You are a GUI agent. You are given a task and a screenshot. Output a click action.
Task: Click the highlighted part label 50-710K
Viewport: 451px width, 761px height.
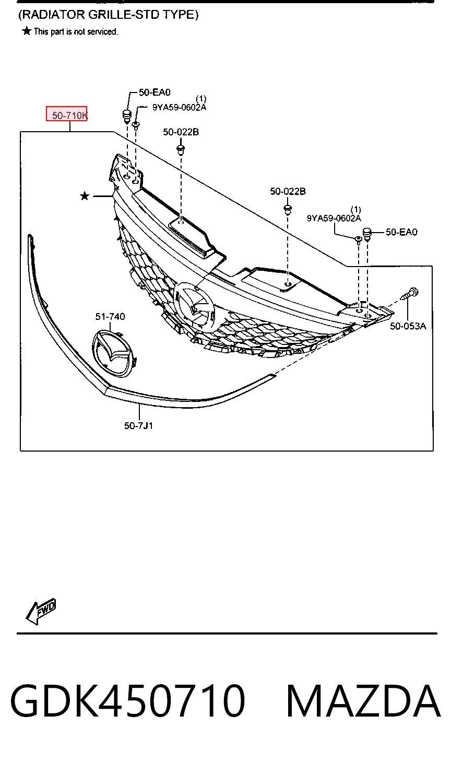(x=69, y=116)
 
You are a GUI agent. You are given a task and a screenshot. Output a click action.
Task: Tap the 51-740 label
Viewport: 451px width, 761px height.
(x=110, y=317)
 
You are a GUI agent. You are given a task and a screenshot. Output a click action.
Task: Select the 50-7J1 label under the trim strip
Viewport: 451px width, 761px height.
(x=138, y=425)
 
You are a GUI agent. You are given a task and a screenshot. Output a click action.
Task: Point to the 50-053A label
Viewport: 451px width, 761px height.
(x=408, y=326)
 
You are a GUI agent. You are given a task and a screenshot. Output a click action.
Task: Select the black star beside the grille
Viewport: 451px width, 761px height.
(x=85, y=196)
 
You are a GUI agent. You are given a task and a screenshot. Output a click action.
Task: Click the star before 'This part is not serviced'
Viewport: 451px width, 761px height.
(x=27, y=31)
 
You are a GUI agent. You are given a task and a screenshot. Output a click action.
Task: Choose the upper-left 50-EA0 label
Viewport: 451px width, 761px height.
(x=155, y=93)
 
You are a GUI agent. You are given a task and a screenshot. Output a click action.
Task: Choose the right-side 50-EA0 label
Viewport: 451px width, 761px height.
(x=401, y=232)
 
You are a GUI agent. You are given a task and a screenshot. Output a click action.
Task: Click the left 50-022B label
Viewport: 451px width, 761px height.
(x=181, y=132)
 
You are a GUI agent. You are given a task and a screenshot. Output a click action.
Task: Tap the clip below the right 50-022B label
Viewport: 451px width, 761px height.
(x=288, y=210)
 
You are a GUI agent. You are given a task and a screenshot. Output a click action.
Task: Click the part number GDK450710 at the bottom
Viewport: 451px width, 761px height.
(x=127, y=701)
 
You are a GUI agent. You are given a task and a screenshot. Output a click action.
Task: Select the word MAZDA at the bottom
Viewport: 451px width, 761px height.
(x=363, y=701)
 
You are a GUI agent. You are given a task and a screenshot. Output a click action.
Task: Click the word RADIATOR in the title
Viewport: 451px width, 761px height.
(x=53, y=15)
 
